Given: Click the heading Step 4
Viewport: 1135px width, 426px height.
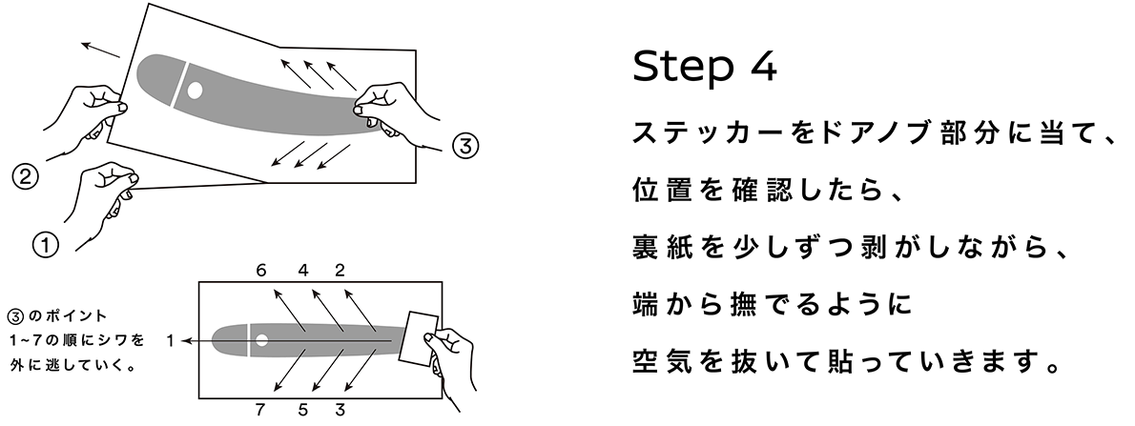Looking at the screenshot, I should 705,68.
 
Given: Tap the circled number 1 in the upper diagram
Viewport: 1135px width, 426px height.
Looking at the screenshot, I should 45,243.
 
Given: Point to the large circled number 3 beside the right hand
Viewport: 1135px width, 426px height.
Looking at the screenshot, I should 464,146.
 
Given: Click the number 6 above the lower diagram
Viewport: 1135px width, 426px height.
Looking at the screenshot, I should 260,270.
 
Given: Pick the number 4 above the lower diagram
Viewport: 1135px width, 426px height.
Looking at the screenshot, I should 303,270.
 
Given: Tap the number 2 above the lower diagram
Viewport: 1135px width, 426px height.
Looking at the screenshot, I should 340,270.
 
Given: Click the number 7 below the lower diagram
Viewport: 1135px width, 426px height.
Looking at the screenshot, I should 260,411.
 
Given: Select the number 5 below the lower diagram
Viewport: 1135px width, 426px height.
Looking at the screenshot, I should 302,411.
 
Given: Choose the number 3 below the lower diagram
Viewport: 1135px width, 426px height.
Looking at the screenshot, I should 340,411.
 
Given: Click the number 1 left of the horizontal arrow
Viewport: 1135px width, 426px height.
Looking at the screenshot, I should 169,339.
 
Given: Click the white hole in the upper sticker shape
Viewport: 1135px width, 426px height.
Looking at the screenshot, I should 195,91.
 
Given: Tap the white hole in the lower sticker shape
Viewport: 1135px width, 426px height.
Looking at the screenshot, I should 260,340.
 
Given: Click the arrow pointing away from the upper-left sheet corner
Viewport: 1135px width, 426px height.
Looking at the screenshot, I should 100,49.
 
